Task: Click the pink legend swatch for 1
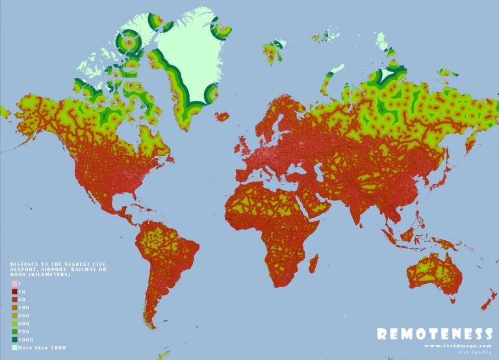tap(13, 285)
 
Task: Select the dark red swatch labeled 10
tap(13, 292)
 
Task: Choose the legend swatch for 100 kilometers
tap(13, 307)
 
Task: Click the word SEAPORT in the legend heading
tap(24, 269)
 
